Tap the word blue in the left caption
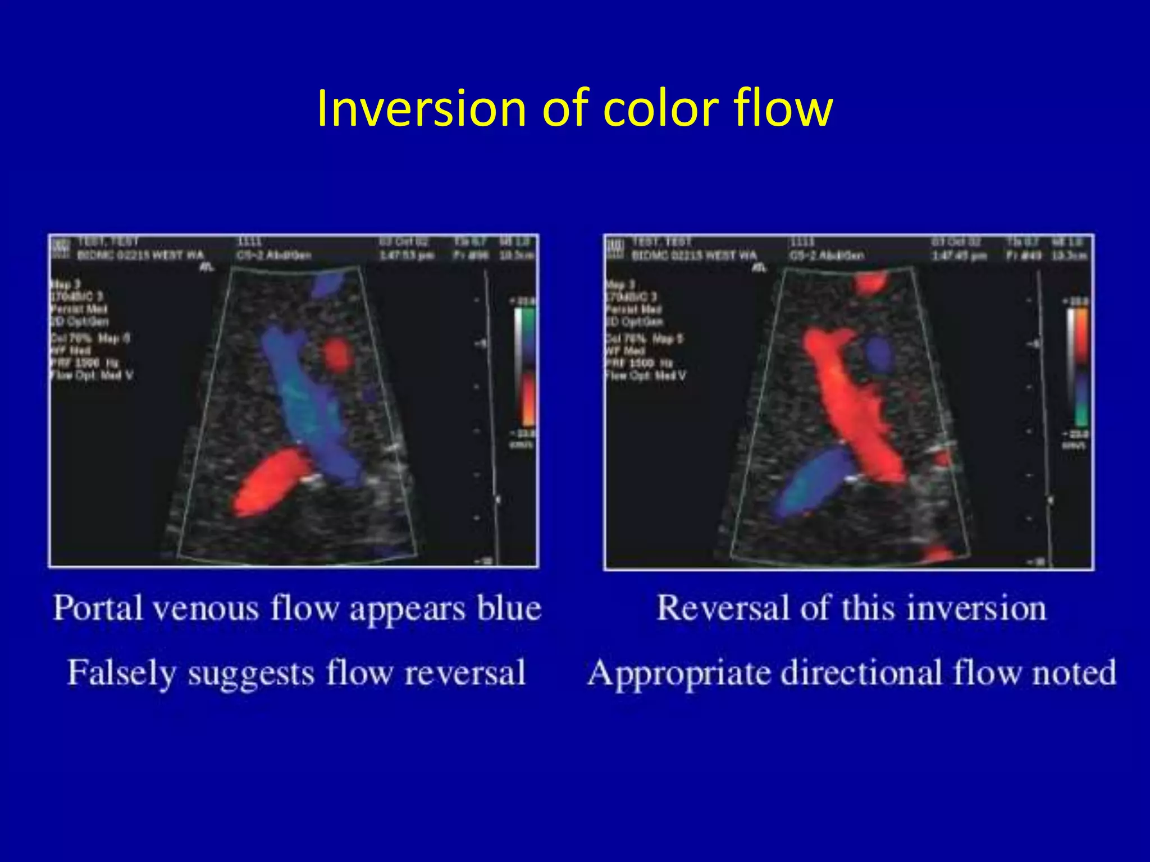click(509, 608)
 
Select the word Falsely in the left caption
click(121, 673)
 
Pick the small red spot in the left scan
click(337, 354)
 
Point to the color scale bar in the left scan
click(526, 368)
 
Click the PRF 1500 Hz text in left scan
click(84, 363)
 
